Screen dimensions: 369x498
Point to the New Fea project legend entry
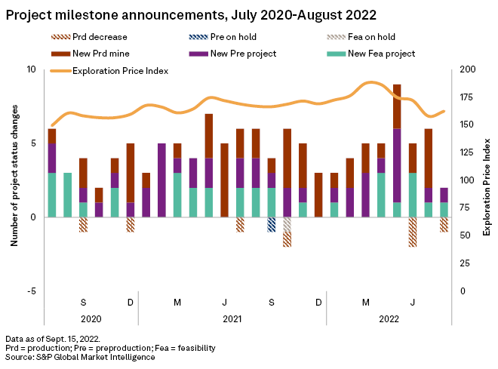(x=373, y=54)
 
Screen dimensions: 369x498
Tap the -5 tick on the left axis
(x=31, y=291)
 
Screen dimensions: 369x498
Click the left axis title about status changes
(x=14, y=180)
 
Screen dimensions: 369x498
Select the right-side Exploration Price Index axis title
(x=486, y=180)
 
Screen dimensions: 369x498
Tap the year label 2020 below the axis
(x=91, y=318)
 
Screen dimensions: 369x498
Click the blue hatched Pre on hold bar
(x=272, y=224)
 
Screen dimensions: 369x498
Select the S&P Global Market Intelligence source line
(x=80, y=357)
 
